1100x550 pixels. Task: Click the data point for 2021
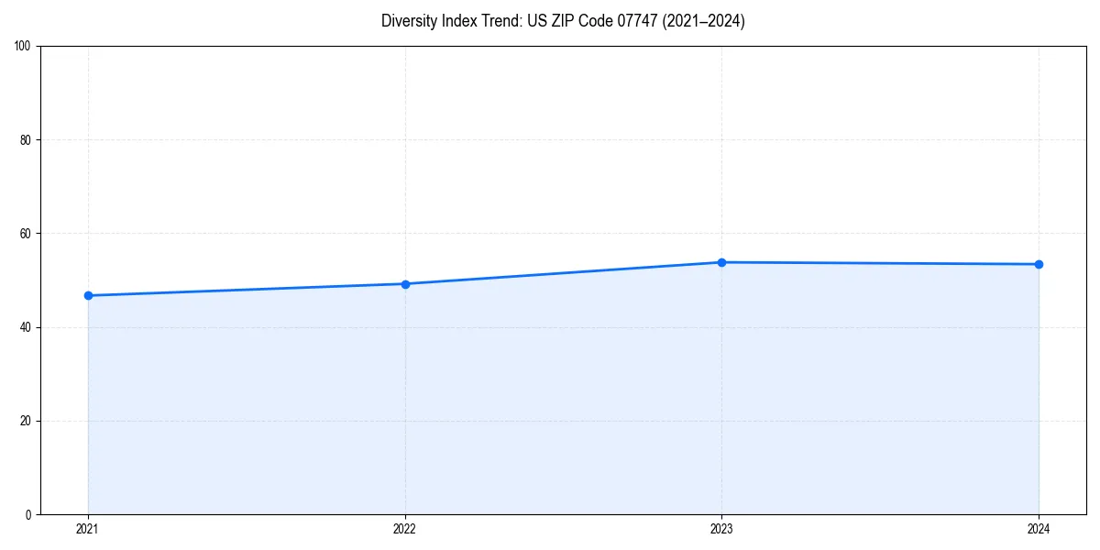pos(88,295)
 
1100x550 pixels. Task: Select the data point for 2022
pos(405,284)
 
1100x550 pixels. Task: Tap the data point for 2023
pos(721,262)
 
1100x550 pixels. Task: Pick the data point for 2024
pos(1039,264)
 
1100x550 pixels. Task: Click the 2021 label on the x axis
pos(88,529)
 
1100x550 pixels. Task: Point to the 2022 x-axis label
pos(405,529)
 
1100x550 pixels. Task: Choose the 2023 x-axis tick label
pos(721,529)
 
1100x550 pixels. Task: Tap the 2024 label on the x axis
pos(1039,529)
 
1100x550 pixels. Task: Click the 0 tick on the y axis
pos(28,514)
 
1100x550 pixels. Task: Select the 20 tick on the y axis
pos(26,421)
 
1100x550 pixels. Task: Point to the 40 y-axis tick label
pos(26,327)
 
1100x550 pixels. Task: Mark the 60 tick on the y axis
pos(26,234)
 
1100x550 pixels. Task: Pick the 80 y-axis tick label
pos(26,140)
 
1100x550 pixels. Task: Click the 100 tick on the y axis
pos(23,47)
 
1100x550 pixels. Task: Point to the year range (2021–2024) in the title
pos(703,21)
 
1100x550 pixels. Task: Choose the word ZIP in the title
pos(562,21)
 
